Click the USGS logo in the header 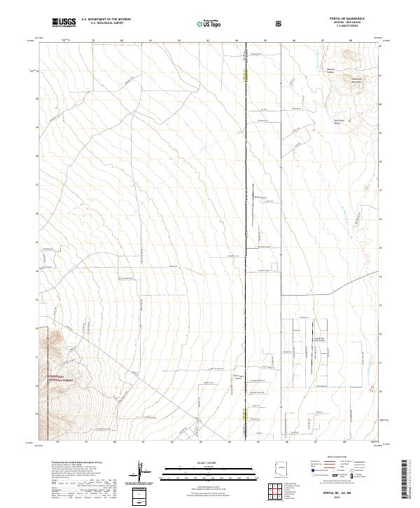(x=64, y=23)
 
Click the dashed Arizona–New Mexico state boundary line (x=246, y=245)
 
